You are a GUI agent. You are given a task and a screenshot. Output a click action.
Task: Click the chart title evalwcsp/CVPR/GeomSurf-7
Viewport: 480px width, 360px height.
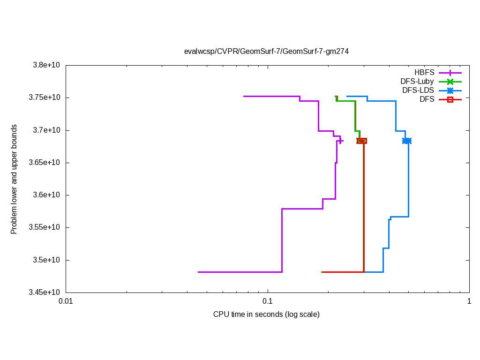coord(266,51)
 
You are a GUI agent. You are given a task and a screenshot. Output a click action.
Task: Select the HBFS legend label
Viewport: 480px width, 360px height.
coord(424,73)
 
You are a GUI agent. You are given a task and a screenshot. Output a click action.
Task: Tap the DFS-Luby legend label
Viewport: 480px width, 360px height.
coord(417,82)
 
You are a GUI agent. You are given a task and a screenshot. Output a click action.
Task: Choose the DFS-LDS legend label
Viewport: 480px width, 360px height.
coord(418,90)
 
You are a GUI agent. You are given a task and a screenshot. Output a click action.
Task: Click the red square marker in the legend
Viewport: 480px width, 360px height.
coord(450,99)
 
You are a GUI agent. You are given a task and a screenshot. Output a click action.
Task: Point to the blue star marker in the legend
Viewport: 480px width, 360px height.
coord(450,90)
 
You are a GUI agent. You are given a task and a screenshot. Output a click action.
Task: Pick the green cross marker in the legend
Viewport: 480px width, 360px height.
coord(450,82)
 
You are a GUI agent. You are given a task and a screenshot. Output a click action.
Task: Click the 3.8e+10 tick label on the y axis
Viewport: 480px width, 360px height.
coord(45,65)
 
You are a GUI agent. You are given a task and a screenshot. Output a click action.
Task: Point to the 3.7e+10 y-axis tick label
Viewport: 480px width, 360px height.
coord(45,130)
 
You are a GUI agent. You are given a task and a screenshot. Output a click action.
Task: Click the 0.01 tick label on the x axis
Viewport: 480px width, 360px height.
coord(66,302)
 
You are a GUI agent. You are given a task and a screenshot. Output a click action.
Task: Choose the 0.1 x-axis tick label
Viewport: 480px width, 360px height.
coord(267,302)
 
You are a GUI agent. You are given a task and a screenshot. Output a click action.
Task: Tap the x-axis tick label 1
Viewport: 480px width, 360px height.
coord(469,302)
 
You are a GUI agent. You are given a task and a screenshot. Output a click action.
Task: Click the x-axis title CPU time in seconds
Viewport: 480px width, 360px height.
coord(266,314)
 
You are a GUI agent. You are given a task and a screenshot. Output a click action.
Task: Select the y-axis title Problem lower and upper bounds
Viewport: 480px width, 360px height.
coord(15,179)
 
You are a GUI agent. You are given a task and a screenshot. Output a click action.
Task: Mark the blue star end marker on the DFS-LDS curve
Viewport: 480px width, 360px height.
coord(407,141)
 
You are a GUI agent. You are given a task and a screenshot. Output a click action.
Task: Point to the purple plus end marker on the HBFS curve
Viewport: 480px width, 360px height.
coord(340,141)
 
